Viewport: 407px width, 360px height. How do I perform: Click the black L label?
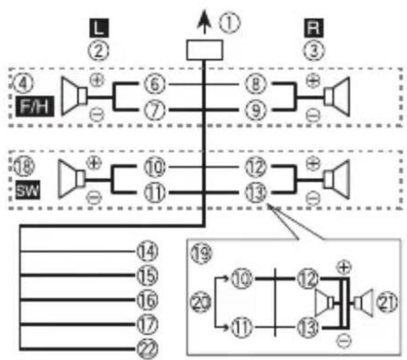[99, 28]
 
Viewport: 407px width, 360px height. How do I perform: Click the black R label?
[314, 28]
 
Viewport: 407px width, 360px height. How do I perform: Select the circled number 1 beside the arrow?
[229, 22]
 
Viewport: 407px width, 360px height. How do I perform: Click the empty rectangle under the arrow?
[205, 50]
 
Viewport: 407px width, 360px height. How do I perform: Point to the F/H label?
[35, 107]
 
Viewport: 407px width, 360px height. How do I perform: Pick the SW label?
[28, 190]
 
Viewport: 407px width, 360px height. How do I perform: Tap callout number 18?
[24, 166]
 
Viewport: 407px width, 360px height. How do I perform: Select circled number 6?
[155, 84]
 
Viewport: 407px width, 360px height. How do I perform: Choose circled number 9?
[256, 110]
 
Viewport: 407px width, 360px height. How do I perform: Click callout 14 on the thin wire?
[147, 251]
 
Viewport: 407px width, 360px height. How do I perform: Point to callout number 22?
[147, 349]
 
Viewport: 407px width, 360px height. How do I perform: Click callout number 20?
[200, 303]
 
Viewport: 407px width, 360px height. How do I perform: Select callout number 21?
[387, 303]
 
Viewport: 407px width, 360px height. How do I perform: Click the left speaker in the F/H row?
[74, 96]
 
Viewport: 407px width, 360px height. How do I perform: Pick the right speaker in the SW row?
[337, 179]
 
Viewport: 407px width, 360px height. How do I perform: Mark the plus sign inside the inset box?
[344, 267]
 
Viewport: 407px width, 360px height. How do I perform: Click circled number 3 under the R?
[314, 50]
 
